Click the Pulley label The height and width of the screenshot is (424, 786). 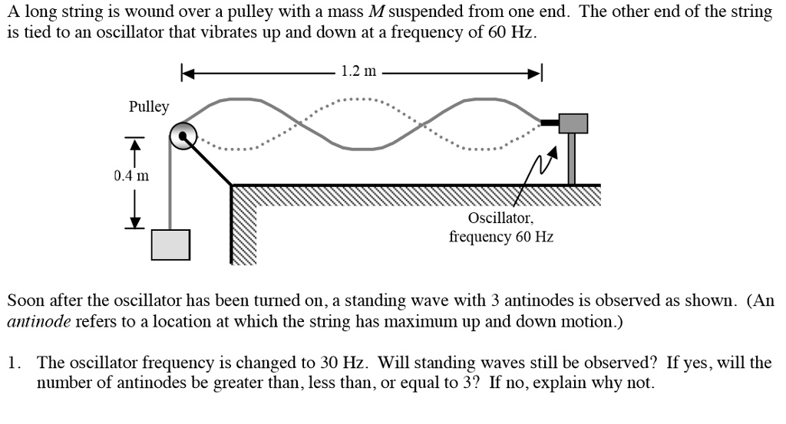pos(149,107)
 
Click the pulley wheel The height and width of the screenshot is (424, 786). pos(184,137)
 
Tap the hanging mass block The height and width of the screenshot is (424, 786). pos(170,245)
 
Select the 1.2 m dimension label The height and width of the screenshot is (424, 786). pos(358,72)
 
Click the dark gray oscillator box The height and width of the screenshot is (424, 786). pos(573,123)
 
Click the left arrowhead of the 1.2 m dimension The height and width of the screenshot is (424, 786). pos(187,73)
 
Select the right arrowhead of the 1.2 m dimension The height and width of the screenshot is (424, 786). pos(537,73)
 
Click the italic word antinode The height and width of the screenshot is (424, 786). pos(38,321)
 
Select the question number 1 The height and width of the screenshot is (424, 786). pos(13,363)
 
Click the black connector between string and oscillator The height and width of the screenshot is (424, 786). pos(550,122)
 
